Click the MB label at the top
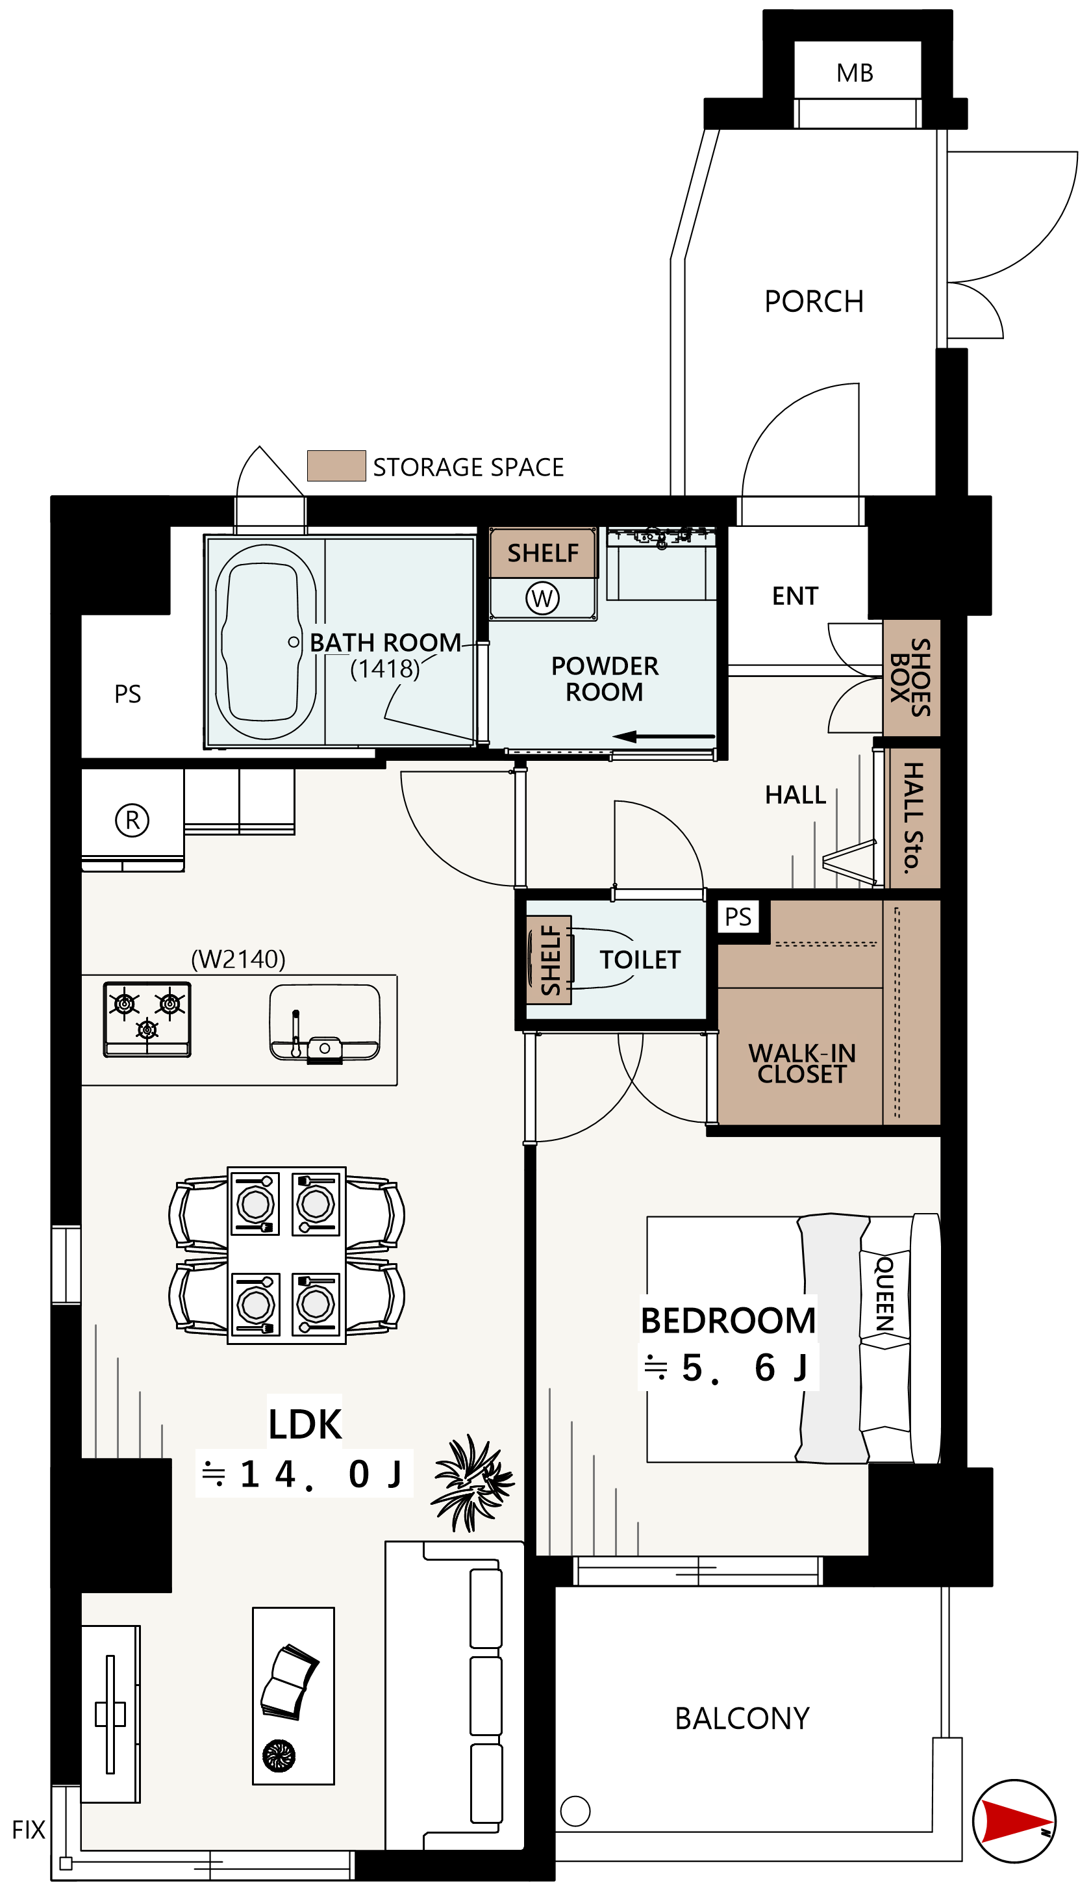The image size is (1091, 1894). [855, 73]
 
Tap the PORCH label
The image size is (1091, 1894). [814, 301]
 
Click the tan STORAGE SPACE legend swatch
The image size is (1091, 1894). [336, 465]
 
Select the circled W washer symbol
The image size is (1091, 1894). [542, 598]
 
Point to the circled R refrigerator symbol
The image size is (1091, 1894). [132, 820]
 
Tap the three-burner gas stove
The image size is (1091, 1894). [147, 1019]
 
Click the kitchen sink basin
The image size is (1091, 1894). [325, 1022]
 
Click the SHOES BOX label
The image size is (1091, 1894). [910, 678]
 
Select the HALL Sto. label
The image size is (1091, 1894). [912, 818]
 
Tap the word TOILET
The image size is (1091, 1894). [640, 960]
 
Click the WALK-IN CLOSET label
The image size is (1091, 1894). [802, 1064]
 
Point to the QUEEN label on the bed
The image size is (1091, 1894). [885, 1294]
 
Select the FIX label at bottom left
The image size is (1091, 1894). [29, 1830]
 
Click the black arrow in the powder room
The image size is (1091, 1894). [663, 737]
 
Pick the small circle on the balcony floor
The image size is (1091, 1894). [575, 1811]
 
